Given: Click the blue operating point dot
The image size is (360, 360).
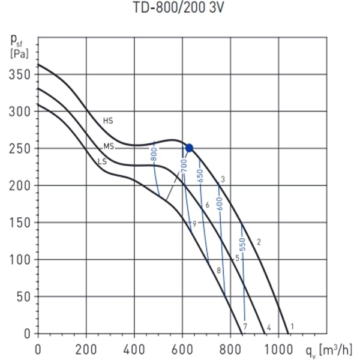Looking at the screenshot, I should point(189,148).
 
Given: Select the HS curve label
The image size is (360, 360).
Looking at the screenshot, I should point(108,121).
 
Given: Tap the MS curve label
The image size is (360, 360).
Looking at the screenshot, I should point(108,146).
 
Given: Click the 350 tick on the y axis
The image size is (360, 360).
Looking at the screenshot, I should point(21,74).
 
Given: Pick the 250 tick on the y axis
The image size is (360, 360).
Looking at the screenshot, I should point(21,148).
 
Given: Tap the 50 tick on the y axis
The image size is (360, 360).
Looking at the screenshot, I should point(24,296).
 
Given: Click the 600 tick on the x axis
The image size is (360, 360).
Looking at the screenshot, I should point(182,348).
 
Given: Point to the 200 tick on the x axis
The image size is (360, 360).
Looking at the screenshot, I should point(86,348).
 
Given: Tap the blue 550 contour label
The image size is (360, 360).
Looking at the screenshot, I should point(243,245).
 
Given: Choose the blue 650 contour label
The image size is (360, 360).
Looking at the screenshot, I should point(200,178).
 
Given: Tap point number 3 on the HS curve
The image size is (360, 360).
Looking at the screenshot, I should point(223,179).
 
